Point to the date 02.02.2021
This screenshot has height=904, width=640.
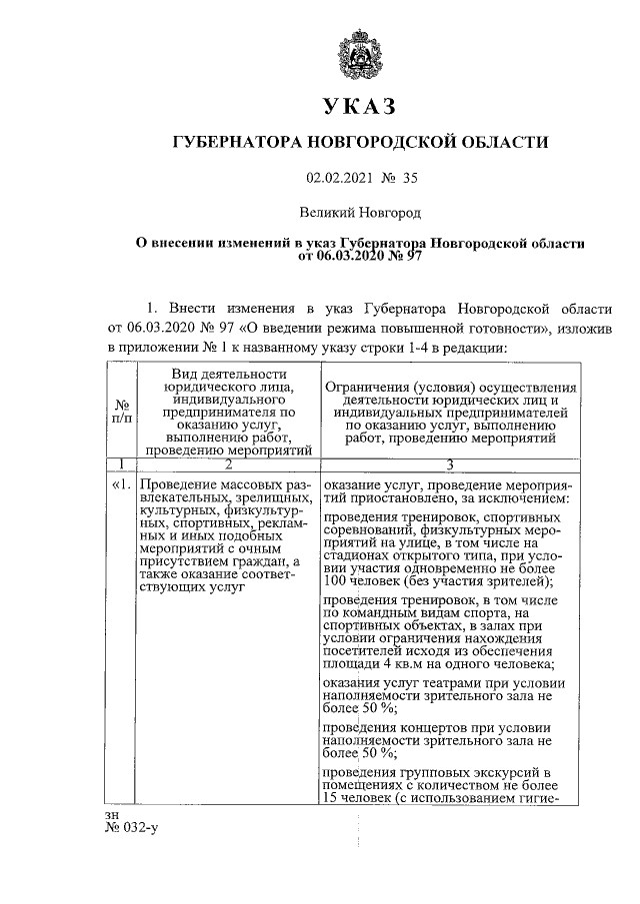point(338,178)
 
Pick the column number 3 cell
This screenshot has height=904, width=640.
point(450,463)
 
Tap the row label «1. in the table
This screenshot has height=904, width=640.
point(121,484)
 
